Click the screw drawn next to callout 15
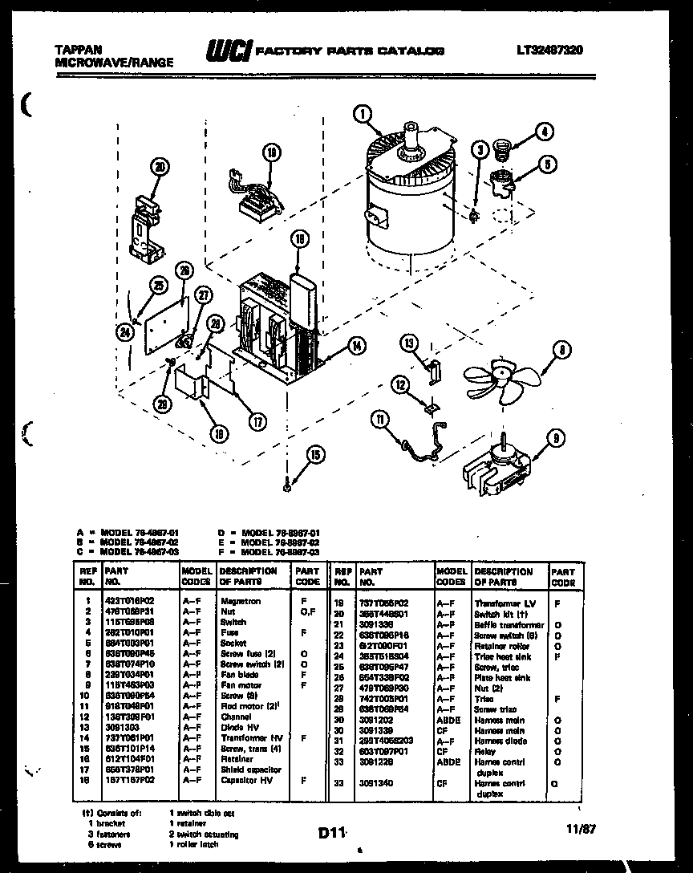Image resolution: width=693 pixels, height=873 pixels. pos(288,483)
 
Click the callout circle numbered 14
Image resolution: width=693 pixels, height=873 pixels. pos(356,346)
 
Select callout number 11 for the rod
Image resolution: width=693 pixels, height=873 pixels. pos(380,417)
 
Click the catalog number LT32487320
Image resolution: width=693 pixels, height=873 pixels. pos(550,50)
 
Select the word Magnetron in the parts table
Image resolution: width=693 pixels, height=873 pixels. pos(238,599)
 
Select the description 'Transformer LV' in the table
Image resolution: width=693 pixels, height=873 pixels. pos(504,602)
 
